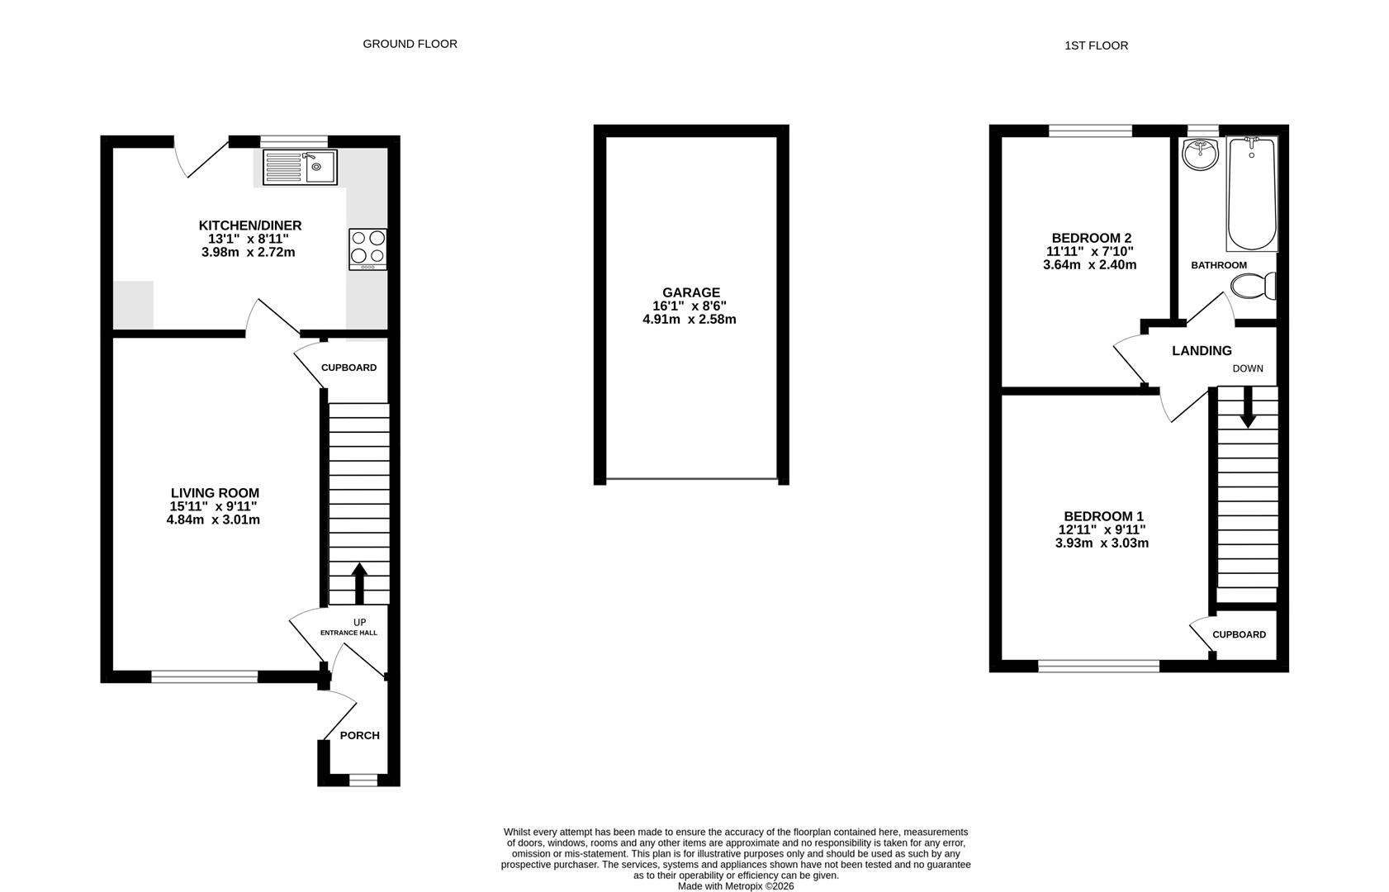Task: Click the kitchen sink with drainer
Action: coord(300,167)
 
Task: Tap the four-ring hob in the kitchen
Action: coord(367,249)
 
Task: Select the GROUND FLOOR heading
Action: coord(410,44)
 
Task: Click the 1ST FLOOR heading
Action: coord(1096,45)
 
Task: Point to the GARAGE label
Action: coord(690,292)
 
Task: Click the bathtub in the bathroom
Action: coord(1251,194)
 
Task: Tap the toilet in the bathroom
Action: coord(1253,287)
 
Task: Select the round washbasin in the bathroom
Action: coord(1200,154)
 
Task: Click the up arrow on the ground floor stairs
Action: coord(359,583)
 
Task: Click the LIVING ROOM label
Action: coord(215,493)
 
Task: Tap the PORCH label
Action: coord(360,735)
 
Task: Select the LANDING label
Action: coord(1202,351)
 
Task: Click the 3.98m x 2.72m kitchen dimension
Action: coord(248,252)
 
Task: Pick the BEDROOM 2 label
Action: coord(1090,238)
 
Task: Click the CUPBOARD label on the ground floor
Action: coord(348,368)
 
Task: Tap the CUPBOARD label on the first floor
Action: coord(1239,634)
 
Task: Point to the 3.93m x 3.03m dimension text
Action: coord(1102,543)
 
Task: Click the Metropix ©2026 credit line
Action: coord(735,886)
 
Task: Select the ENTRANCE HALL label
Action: coord(348,633)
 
